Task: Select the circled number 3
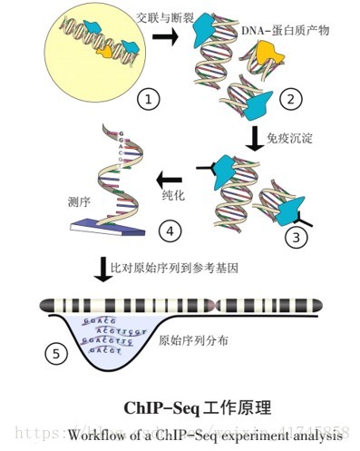(x=297, y=239)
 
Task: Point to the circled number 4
(x=169, y=231)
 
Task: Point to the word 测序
(x=77, y=201)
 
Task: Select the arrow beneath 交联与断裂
(x=166, y=35)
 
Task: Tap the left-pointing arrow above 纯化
(x=172, y=175)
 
